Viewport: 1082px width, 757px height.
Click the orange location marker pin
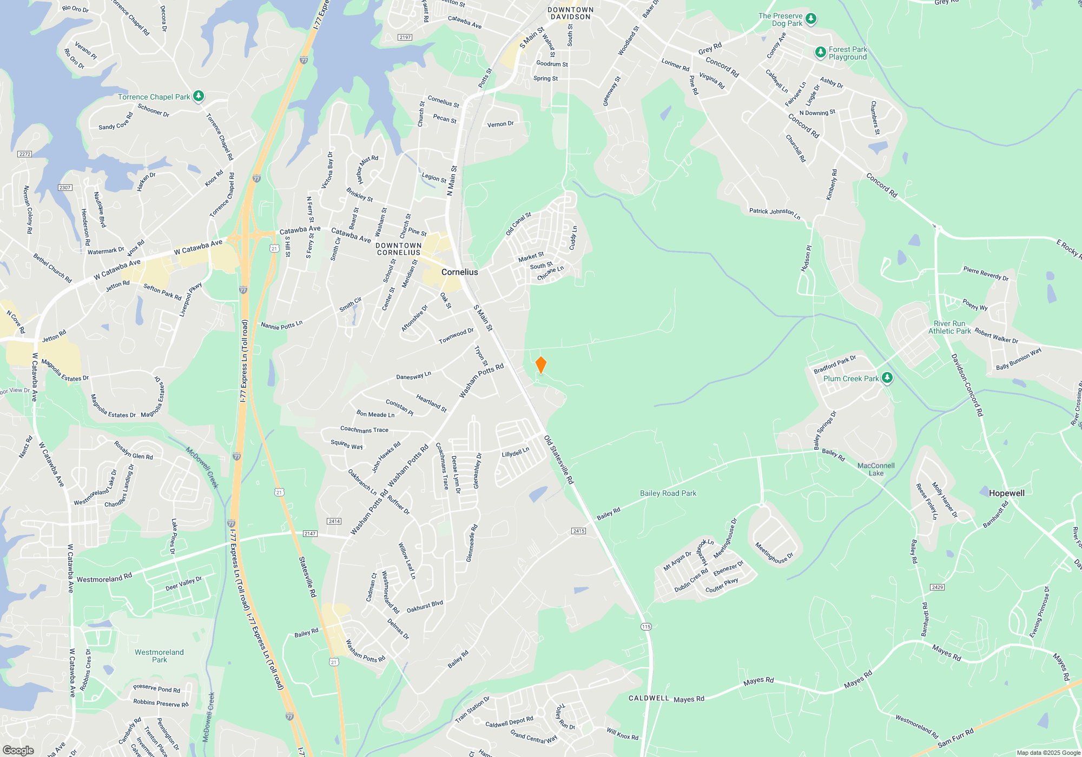coord(540,365)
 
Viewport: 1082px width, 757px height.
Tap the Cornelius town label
coord(459,272)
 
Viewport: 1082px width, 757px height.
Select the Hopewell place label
coord(1006,493)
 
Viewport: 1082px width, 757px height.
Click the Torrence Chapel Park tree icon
coord(199,96)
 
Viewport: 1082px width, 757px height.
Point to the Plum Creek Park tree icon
coord(887,378)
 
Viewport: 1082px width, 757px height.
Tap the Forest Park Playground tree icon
coord(821,52)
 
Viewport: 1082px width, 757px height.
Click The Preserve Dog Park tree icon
coord(810,19)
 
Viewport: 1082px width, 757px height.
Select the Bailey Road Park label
coord(668,493)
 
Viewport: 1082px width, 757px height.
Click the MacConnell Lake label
coord(876,469)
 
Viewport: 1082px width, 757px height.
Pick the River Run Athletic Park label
coord(949,327)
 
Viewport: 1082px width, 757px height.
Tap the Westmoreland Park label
coord(159,656)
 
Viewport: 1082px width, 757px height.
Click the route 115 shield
coord(646,627)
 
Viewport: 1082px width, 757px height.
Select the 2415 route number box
coord(578,531)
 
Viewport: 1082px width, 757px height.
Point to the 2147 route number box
coord(309,534)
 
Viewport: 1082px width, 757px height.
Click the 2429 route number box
coord(937,587)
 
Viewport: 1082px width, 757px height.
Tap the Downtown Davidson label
coord(570,13)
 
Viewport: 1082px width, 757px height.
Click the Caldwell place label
coord(649,698)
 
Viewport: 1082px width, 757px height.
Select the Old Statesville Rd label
coord(559,459)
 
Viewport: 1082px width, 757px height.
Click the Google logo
coord(18,750)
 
